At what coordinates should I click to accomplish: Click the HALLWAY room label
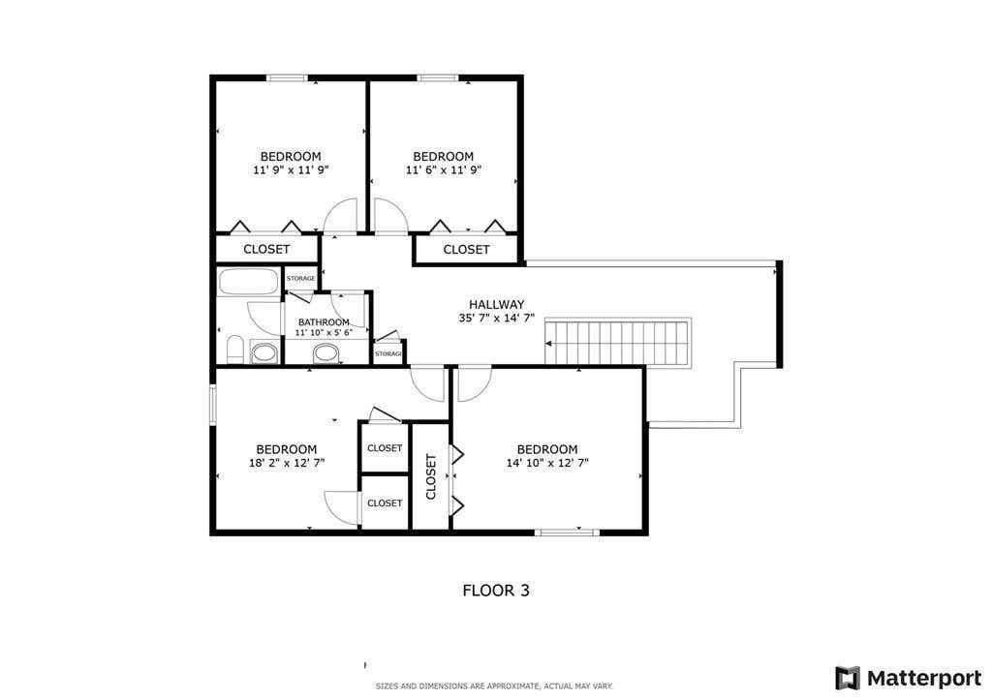(x=497, y=304)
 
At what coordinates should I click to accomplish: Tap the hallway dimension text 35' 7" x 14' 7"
(x=497, y=319)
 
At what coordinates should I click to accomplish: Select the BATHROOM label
(x=324, y=322)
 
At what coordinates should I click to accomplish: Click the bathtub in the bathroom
(x=248, y=282)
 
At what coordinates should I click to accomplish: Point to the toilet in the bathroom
(x=234, y=350)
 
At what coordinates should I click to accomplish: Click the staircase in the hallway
(x=617, y=342)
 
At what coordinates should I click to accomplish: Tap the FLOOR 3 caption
(x=496, y=591)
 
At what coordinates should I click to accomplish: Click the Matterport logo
(x=909, y=679)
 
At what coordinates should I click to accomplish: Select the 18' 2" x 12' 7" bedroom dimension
(x=287, y=463)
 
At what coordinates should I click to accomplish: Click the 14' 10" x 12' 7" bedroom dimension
(x=547, y=463)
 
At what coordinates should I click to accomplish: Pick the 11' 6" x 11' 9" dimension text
(x=444, y=170)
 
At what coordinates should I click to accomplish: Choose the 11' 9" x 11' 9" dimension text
(x=291, y=170)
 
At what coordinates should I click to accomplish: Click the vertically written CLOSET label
(x=431, y=476)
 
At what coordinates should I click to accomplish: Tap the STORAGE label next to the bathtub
(x=300, y=278)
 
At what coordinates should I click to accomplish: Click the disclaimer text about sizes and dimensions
(x=494, y=686)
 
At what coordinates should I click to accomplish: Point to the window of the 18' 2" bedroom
(x=212, y=404)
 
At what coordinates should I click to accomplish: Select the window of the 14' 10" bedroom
(x=567, y=533)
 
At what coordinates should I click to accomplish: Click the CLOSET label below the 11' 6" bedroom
(x=466, y=249)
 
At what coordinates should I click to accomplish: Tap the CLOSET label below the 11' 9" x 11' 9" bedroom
(x=266, y=249)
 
